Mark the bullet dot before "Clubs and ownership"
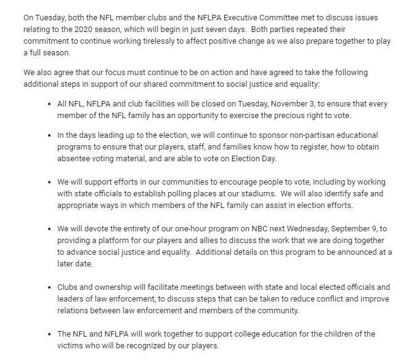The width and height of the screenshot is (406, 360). pyautogui.click(x=49, y=287)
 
